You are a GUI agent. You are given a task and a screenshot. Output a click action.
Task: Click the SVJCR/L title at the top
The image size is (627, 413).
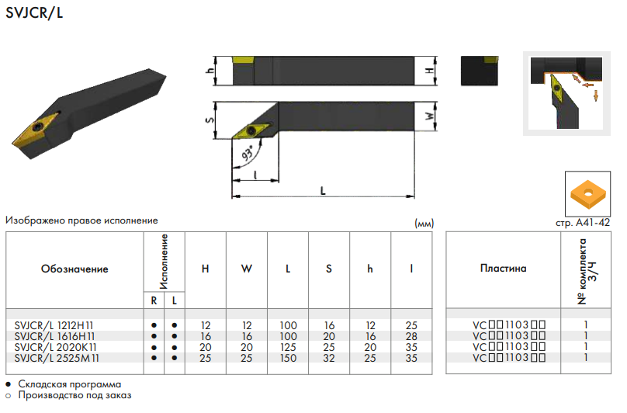(34, 12)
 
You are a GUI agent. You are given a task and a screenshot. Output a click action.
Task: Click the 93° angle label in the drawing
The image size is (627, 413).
(248, 153)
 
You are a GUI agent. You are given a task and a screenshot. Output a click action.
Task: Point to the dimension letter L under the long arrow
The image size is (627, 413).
(323, 190)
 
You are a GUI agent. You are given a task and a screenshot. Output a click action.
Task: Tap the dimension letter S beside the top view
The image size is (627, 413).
(210, 120)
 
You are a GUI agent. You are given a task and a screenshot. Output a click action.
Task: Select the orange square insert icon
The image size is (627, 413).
(587, 194)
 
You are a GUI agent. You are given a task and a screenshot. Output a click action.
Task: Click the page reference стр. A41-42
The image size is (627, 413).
(583, 223)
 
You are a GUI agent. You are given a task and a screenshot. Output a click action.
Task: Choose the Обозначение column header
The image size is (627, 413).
(74, 269)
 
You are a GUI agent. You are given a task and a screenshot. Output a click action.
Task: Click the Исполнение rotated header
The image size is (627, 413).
(164, 262)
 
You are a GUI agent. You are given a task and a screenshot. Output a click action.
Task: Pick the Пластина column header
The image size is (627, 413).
(503, 268)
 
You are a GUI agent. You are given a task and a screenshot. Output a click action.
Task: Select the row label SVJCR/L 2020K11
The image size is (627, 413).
(55, 347)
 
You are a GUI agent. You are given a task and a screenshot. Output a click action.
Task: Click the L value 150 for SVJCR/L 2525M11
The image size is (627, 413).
(288, 358)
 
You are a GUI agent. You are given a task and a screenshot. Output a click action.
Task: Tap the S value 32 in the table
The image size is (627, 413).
(329, 358)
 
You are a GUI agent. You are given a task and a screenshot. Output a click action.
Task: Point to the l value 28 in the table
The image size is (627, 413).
(411, 336)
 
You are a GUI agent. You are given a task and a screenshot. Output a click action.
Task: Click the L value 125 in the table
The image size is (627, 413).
(288, 347)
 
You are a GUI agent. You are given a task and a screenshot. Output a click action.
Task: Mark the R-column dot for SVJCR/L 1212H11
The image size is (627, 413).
(154, 325)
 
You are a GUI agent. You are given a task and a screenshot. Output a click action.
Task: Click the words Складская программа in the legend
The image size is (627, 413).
(70, 384)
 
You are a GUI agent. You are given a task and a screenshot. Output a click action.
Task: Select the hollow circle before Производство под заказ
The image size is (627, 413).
(9, 396)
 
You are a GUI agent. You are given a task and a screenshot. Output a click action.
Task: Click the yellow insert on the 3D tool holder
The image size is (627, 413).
(36, 129)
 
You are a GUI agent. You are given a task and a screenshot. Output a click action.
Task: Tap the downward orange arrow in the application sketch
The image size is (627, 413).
(596, 95)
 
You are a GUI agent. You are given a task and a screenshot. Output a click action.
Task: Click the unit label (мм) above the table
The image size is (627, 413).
(424, 224)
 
